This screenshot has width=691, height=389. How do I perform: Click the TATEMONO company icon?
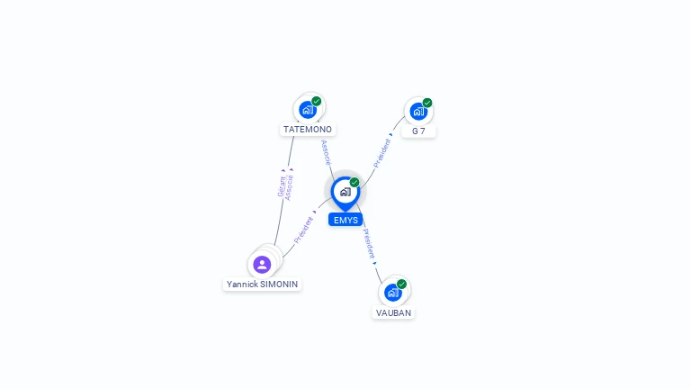pos(308,110)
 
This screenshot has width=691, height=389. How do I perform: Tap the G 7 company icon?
pos(418,111)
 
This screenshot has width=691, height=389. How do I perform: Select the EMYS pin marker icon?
pos(345,194)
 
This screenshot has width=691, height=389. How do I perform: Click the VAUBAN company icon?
pos(392,293)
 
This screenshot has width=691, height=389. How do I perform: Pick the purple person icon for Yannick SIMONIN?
pos(262,265)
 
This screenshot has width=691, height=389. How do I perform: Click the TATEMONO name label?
pos(308,130)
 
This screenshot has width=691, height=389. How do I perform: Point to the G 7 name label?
pos(418,131)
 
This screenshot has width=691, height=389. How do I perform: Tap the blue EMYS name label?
pos(345,220)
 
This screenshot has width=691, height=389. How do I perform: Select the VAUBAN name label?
pos(393,312)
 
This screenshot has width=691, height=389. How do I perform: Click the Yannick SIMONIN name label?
pos(262,284)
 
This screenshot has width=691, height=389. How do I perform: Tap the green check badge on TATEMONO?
pos(317,102)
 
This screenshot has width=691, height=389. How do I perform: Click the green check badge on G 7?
pos(427,103)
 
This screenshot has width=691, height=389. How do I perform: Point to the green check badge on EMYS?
pos(354,182)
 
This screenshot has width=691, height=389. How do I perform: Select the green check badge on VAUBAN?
pos(401,284)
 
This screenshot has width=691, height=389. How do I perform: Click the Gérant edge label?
pos(282,186)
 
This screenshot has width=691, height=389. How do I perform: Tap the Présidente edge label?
pos(303,230)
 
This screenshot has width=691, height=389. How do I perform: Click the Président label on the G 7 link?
pos(381,153)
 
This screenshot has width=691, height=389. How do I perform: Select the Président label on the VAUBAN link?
pos(369,243)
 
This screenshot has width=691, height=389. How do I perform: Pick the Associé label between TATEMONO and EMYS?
pos(326,152)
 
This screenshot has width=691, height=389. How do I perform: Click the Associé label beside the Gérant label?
pos(289,187)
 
